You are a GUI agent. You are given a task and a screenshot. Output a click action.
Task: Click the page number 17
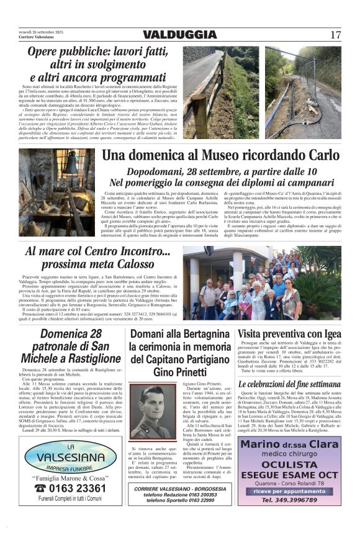coord(336,35)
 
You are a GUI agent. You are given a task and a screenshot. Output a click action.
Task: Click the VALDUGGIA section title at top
coord(179,35)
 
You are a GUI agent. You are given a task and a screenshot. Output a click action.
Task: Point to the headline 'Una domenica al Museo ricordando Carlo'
coord(220,155)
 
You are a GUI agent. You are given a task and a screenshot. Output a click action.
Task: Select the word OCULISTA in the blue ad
coord(289,464)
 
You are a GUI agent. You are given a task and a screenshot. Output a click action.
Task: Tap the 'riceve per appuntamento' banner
coord(289,491)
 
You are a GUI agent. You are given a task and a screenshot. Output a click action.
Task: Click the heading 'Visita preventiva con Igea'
coord(289,333)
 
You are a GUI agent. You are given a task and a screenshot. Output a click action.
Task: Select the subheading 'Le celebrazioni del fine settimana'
coord(289,384)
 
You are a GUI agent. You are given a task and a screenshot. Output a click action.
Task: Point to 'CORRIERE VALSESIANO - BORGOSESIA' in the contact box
coord(179,489)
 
